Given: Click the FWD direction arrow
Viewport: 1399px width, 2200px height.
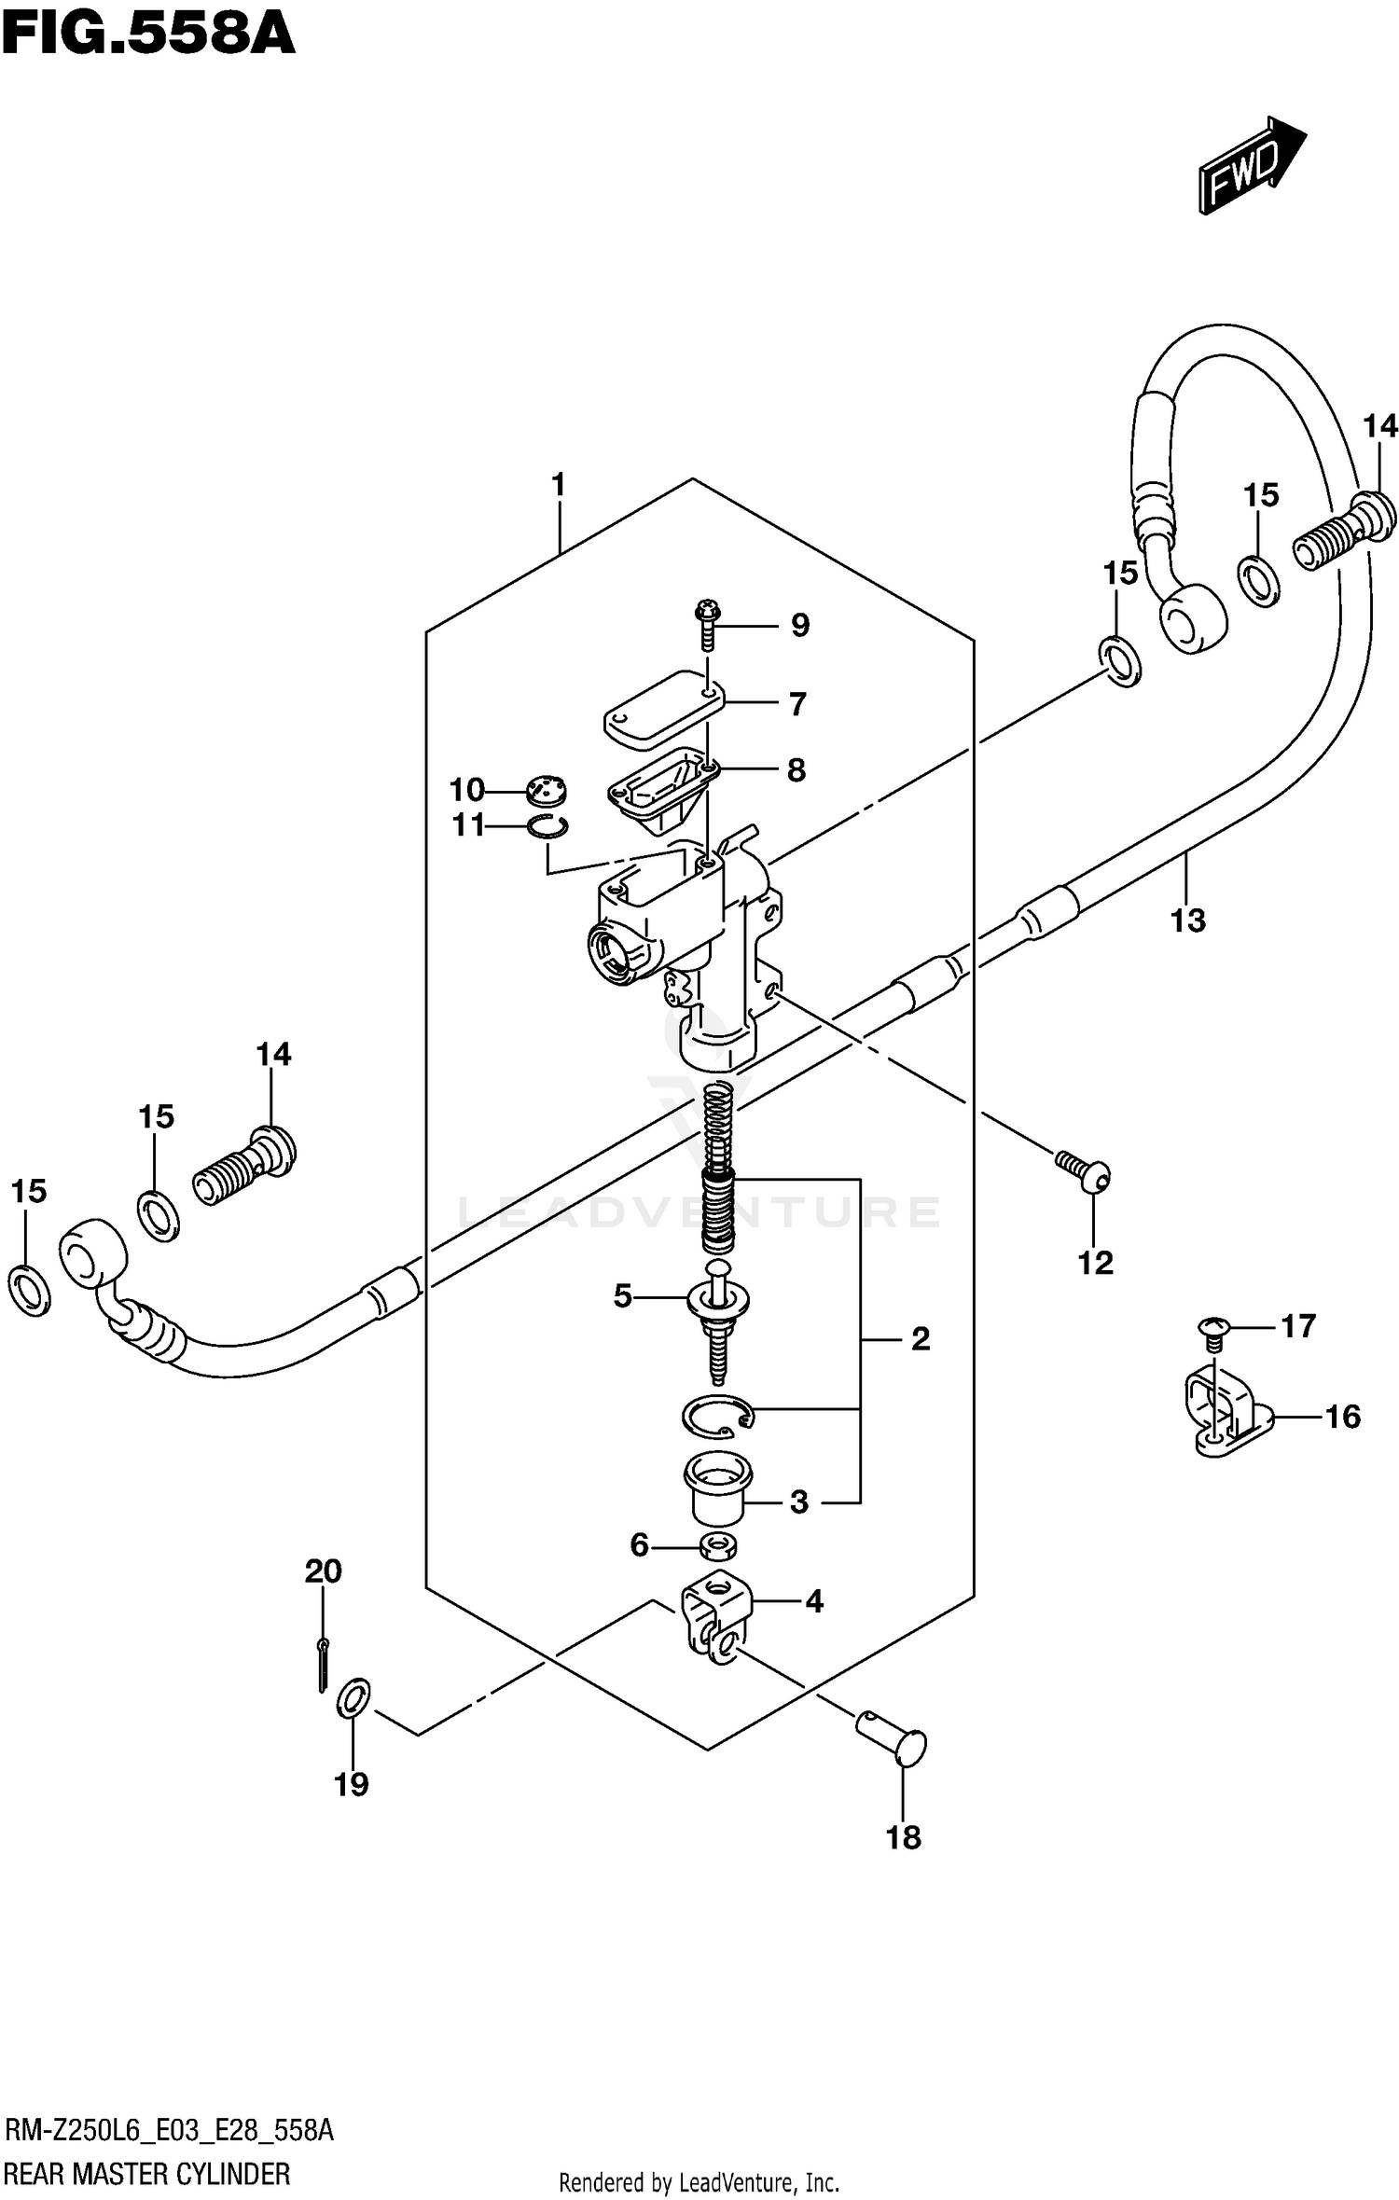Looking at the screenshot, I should coord(1251,165).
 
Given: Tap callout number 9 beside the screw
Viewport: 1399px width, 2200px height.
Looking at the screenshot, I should coord(799,625).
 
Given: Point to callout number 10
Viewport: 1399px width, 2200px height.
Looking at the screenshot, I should coord(467,790).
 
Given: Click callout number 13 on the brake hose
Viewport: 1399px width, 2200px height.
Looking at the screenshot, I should coord(1187,920).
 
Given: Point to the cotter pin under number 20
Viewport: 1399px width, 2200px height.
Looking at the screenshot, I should coord(322,1664).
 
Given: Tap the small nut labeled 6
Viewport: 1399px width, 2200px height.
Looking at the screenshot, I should coord(719,1548).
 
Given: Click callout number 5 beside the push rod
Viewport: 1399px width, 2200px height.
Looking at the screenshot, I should coord(622,1295).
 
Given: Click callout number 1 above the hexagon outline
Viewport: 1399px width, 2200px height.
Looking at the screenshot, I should coord(558,485).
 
